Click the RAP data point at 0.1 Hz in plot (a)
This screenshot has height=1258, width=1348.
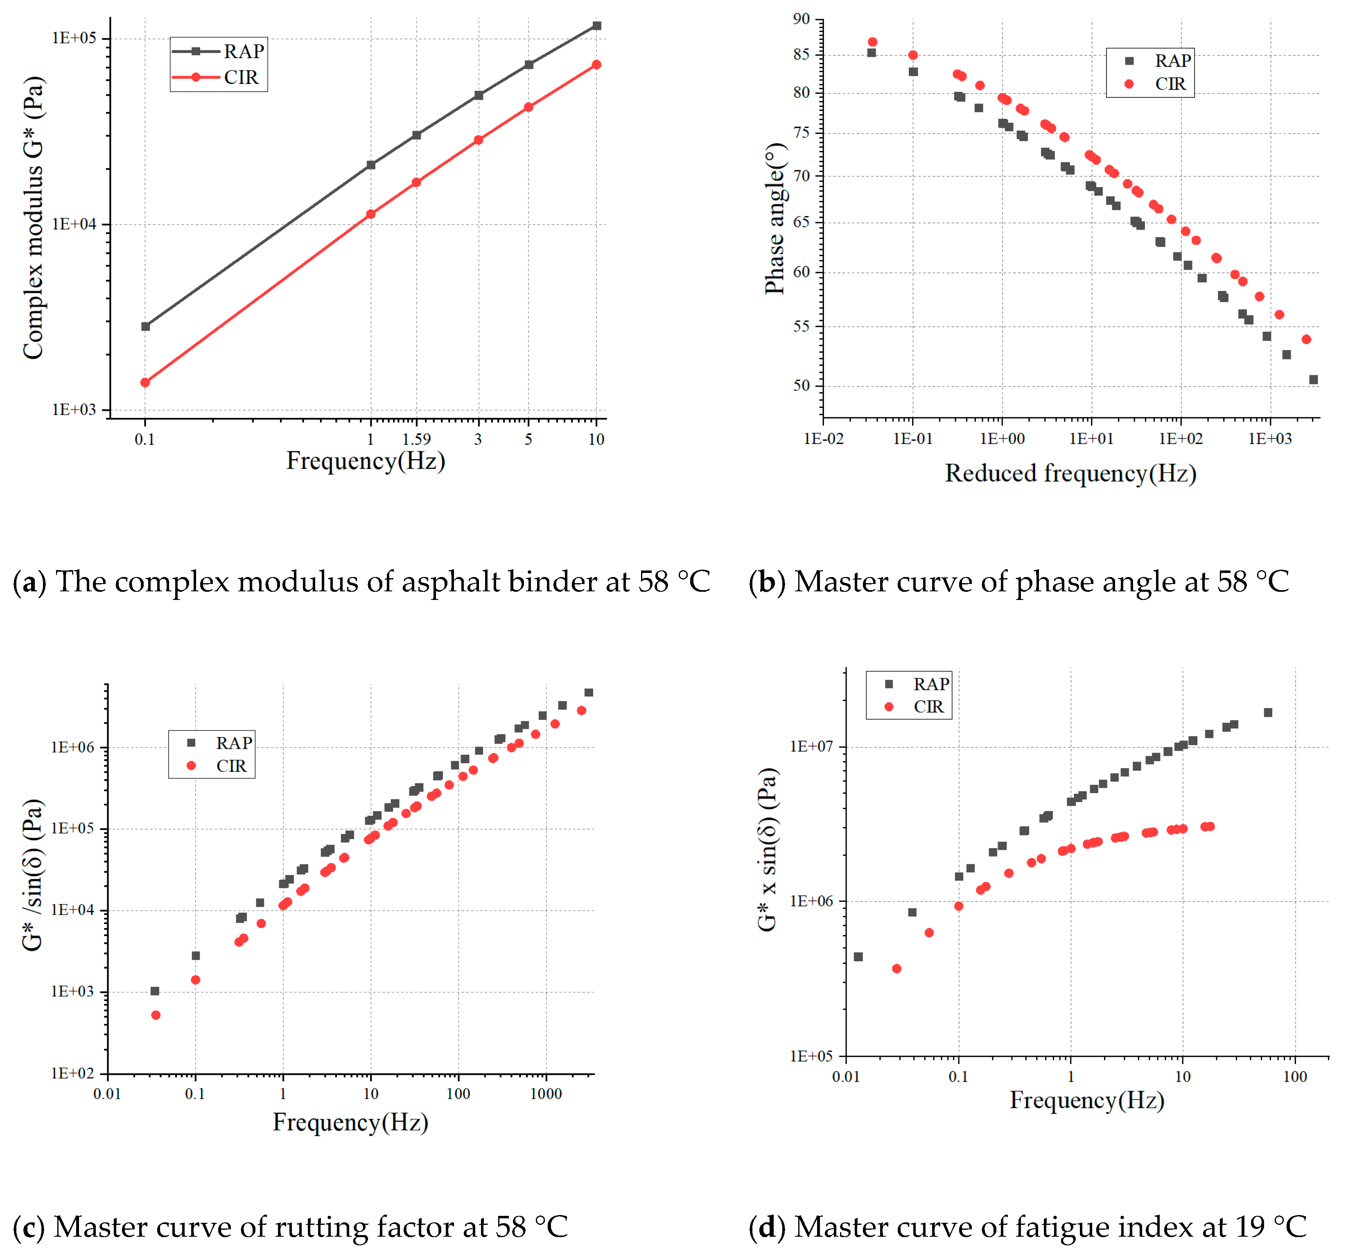[x=145, y=326]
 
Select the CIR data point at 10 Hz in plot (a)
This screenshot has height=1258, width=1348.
[x=596, y=64]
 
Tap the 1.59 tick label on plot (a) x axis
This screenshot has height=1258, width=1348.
[x=416, y=439]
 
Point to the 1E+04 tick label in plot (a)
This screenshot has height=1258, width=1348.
[x=75, y=224]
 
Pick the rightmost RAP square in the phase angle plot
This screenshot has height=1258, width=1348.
[x=1314, y=380]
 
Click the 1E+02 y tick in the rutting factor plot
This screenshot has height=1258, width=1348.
[x=72, y=1073]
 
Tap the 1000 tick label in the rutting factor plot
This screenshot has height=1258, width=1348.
[x=546, y=1094]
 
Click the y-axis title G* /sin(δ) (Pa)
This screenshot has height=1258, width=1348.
[x=33, y=875]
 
